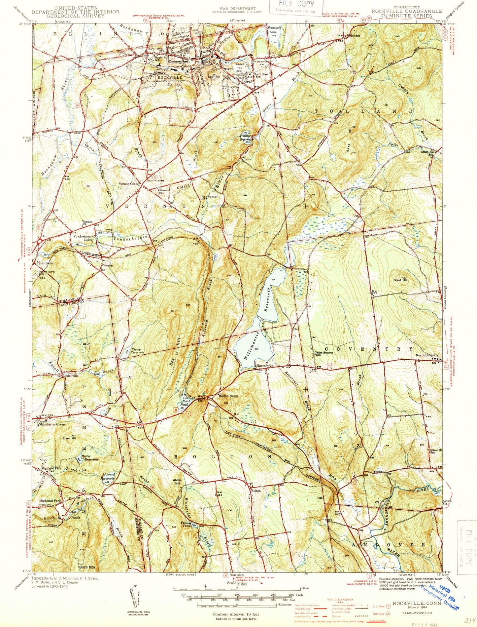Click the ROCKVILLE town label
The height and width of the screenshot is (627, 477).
click(x=170, y=77)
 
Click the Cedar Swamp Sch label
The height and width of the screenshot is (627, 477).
click(x=323, y=354)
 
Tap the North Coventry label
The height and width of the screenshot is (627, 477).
click(x=427, y=355)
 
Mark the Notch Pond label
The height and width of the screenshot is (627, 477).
click(x=185, y=403)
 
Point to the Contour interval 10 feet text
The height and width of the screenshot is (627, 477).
click(x=236, y=614)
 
